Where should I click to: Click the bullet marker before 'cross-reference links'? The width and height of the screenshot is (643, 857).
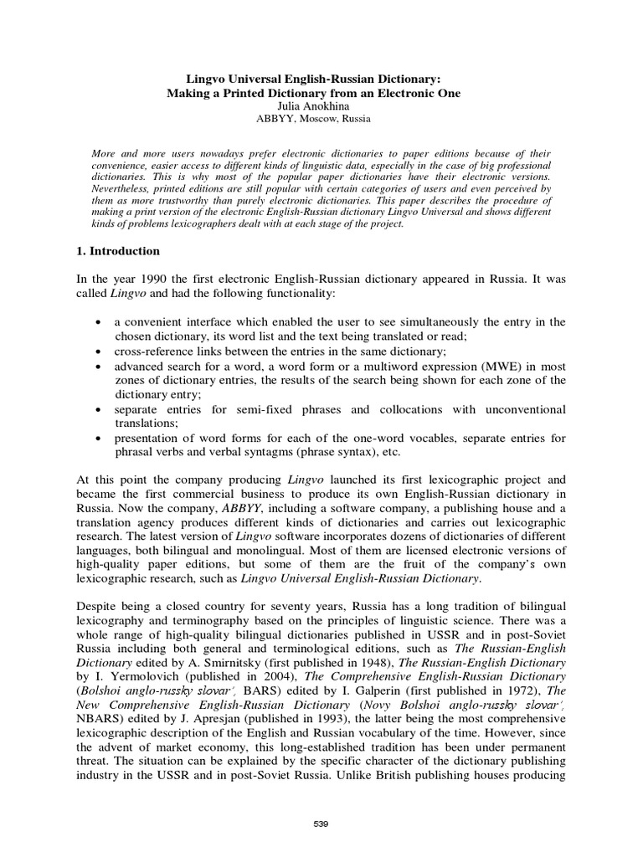click(100, 352)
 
